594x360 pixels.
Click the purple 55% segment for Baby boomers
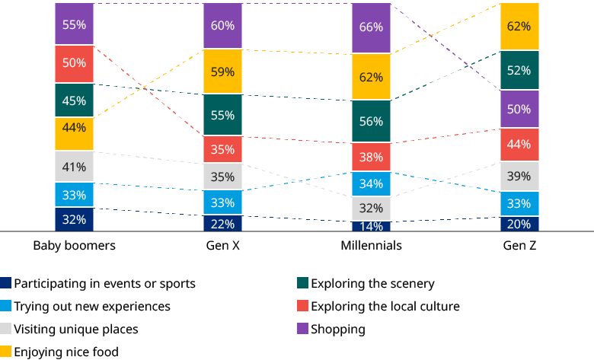point(74,24)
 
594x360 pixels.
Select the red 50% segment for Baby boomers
point(74,63)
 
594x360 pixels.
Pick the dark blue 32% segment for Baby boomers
point(74,218)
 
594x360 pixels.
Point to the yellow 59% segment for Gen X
point(223,72)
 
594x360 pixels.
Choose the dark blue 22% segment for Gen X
point(223,223)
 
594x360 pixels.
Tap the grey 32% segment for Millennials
point(371,208)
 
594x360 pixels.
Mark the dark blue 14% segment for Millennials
point(371,226)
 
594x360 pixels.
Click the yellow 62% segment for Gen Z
point(520,27)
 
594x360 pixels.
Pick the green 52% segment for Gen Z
point(520,71)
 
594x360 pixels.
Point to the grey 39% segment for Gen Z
point(520,176)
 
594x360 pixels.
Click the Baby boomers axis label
point(74,246)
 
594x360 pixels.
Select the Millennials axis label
point(371,246)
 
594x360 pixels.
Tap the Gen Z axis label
point(520,246)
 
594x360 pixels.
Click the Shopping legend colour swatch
point(302,330)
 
